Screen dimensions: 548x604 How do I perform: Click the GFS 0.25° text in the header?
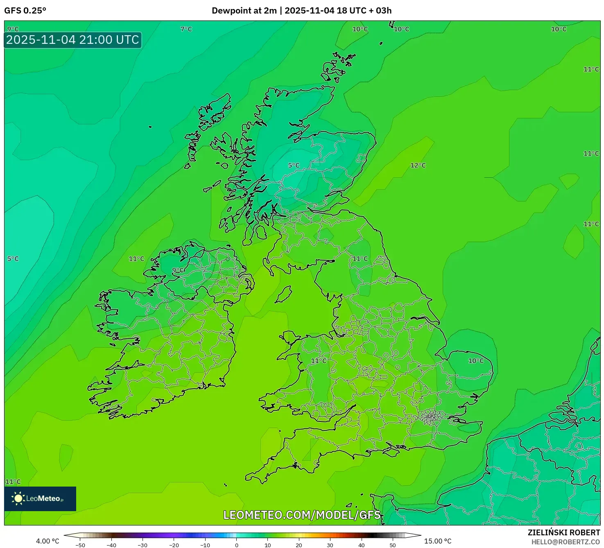pos(25,11)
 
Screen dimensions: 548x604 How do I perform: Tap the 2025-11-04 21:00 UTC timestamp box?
pos(73,40)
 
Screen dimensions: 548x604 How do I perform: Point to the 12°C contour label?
pos(418,165)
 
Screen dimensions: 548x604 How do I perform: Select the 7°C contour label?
pos(186,29)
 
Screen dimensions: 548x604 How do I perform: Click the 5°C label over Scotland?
pos(294,165)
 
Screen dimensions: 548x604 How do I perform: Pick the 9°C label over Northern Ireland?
pos(178,270)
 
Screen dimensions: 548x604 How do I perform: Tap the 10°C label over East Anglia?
pos(476,361)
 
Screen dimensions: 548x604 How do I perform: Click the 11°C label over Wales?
pos(319,361)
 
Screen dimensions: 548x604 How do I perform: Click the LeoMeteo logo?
pos(40,498)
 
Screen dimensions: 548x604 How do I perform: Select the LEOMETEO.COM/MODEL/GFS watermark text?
pos(302,515)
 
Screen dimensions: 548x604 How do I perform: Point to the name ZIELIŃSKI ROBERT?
pos(563,532)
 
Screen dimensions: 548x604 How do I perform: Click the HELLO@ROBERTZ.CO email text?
pos(566,542)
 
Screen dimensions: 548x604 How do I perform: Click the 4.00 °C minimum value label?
pos(48,541)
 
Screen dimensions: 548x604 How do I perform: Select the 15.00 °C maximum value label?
pos(438,541)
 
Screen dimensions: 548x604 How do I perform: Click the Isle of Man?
pos(283,294)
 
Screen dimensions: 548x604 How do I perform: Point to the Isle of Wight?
pos(391,452)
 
